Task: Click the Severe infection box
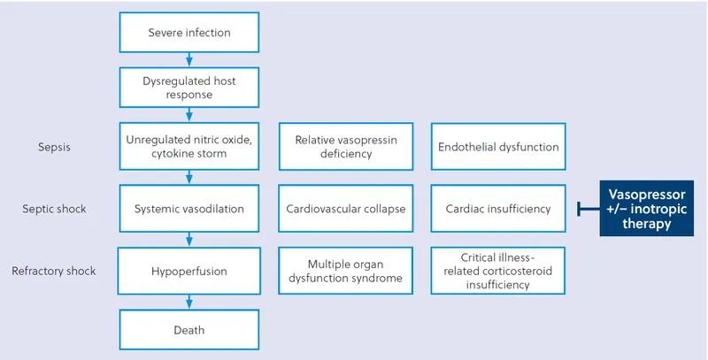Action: (189, 34)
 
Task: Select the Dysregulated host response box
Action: (189, 88)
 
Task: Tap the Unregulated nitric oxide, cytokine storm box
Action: (189, 147)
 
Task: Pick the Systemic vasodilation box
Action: (189, 210)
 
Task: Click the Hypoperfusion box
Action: (189, 271)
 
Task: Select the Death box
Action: (189, 330)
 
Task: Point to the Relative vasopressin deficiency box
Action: (345, 147)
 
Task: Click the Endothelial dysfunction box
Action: (498, 147)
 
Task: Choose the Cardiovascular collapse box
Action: (345, 210)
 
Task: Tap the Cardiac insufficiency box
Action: (498, 210)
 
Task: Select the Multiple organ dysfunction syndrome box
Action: (345, 271)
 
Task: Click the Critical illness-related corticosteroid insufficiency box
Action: (498, 271)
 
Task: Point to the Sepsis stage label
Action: (54, 147)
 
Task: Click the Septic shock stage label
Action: (54, 210)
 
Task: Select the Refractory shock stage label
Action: (54, 271)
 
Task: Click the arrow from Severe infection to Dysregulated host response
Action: (189, 60)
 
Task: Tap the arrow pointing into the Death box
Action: (189, 303)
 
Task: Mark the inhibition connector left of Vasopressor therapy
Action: (589, 210)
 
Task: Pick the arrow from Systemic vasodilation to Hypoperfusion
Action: (189, 240)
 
